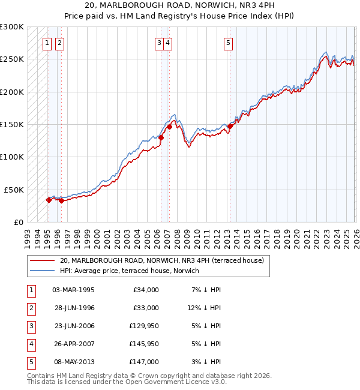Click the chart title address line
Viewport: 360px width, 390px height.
[x=180, y=6]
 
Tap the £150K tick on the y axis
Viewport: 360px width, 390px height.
[x=12, y=124]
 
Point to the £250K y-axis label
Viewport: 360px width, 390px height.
[x=12, y=59]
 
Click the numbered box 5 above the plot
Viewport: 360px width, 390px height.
[x=229, y=43]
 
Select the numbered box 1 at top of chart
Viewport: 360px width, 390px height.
[x=47, y=43]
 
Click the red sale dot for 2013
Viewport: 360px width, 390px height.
[x=230, y=127]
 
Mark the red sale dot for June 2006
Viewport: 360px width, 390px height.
[x=161, y=137]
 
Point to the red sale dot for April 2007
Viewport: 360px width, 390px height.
[x=169, y=127]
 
